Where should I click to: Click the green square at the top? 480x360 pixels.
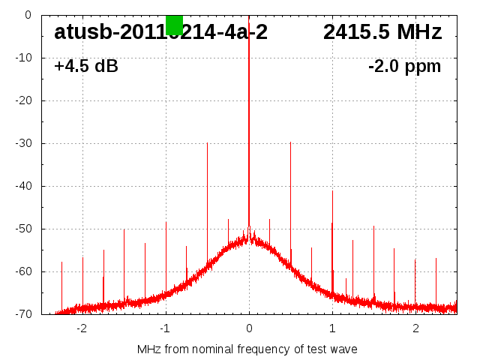(174, 24)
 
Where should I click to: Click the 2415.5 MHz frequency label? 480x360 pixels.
(382, 32)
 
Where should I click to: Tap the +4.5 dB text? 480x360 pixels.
(86, 66)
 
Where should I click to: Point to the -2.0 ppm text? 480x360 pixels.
(404, 66)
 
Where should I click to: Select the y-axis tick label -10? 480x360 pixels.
(23, 58)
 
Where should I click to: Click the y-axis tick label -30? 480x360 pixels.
(23, 143)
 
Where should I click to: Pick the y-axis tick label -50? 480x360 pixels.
(23, 229)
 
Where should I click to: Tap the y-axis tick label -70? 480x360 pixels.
(23, 314)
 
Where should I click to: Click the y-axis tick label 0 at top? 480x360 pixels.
(28, 15)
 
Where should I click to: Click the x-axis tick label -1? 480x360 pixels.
(165, 328)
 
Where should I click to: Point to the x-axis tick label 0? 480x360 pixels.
(249, 328)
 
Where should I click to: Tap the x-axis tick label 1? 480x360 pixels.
(332, 328)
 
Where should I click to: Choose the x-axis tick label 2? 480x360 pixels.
(415, 328)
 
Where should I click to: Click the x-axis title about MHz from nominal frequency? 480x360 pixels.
(247, 349)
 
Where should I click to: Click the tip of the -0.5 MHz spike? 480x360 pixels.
(207, 142)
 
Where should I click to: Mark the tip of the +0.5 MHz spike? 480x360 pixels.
(290, 142)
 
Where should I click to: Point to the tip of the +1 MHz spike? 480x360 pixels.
(332, 191)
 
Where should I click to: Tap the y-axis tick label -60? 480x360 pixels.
(23, 271)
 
